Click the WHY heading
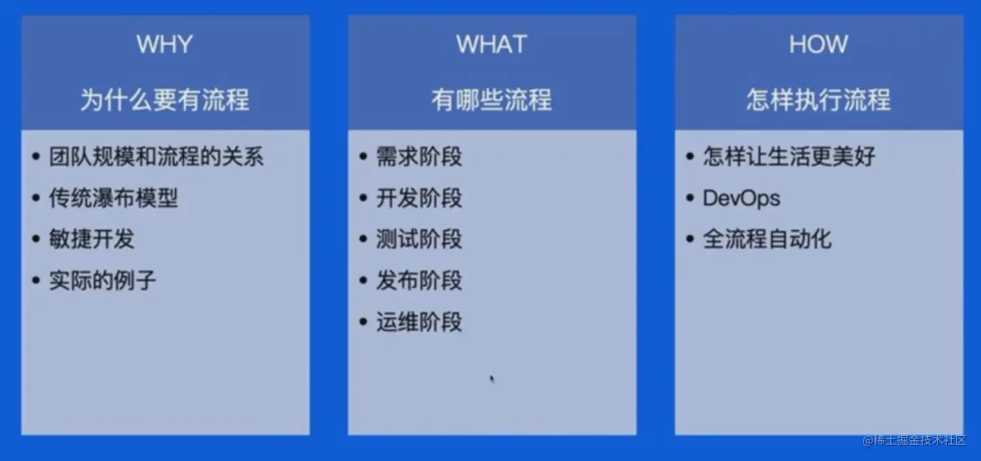(165, 44)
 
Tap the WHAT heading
(492, 44)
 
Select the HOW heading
(819, 44)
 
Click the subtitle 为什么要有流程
(165, 99)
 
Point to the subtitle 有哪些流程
(492, 99)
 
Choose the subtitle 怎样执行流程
(819, 99)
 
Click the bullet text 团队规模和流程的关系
(156, 156)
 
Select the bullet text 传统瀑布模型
(114, 198)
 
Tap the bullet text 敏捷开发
(91, 239)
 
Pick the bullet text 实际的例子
(103, 280)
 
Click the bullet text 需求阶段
(419, 156)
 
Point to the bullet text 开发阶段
(419, 198)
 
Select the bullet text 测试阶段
(419, 239)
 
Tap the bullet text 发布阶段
(419, 280)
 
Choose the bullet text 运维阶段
(419, 322)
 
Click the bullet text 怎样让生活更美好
(789, 156)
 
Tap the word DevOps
(742, 198)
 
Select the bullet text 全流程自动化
(768, 239)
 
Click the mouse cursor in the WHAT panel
(492, 379)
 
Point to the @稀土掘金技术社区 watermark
(914, 440)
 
